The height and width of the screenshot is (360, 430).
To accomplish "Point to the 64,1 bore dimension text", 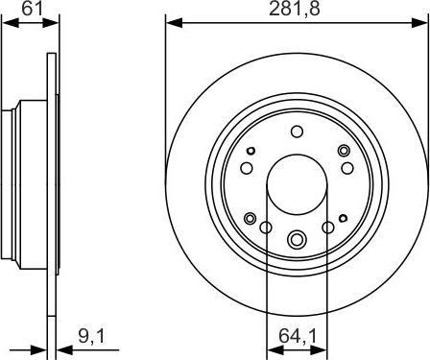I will [x=296, y=337].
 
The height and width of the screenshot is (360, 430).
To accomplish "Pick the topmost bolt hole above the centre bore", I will [x=296, y=132].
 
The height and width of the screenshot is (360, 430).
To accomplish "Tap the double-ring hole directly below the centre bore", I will [x=296, y=238].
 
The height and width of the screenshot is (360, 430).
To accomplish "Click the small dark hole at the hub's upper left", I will [x=251, y=151].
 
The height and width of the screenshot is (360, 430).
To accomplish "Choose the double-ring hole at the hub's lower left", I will [x=251, y=219].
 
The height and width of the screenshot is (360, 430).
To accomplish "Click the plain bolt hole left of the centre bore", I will [x=246, y=169].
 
